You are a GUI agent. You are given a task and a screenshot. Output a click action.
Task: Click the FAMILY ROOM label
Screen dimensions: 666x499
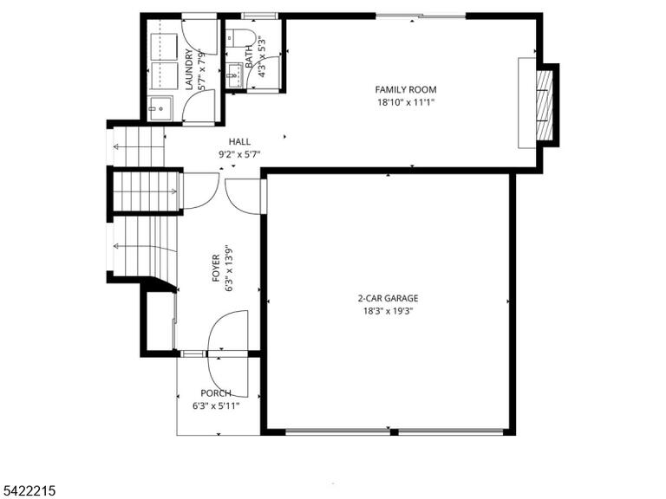[406, 89]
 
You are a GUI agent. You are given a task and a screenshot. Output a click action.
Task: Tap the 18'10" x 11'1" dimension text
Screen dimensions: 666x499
[406, 102]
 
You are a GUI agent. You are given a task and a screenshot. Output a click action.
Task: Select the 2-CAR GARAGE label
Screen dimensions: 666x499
[388, 298]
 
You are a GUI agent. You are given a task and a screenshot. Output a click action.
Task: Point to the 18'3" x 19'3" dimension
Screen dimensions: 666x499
[388, 311]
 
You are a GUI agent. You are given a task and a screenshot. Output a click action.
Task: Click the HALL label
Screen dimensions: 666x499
[239, 142]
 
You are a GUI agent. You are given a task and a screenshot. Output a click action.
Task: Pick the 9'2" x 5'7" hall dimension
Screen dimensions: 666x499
[239, 154]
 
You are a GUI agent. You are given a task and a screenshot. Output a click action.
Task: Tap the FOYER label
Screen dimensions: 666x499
[216, 269]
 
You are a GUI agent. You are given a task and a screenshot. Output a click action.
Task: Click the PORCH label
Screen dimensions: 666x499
[216, 393]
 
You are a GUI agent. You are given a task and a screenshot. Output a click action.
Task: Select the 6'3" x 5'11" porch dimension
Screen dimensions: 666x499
[216, 406]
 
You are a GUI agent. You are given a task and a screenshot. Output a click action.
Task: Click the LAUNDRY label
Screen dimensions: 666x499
[189, 69]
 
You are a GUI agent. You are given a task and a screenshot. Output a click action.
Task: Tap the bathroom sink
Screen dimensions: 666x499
[234, 75]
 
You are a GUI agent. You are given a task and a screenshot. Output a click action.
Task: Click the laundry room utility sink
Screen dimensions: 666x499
[160, 108]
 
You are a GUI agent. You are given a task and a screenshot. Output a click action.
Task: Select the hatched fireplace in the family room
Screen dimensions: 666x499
[545, 105]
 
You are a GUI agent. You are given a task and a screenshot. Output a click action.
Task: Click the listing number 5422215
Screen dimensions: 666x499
[28, 491]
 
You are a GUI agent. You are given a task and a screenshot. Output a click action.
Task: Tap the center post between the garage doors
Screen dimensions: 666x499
[395, 432]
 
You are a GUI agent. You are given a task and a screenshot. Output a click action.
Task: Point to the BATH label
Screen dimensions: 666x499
[250, 56]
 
